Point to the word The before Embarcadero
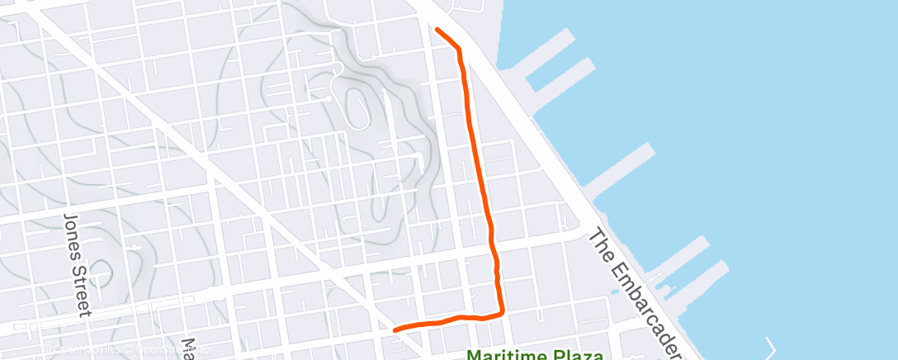pos(600,242)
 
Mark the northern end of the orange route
pos(436,30)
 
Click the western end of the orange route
pos(395,330)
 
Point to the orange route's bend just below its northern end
pos(458,49)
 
